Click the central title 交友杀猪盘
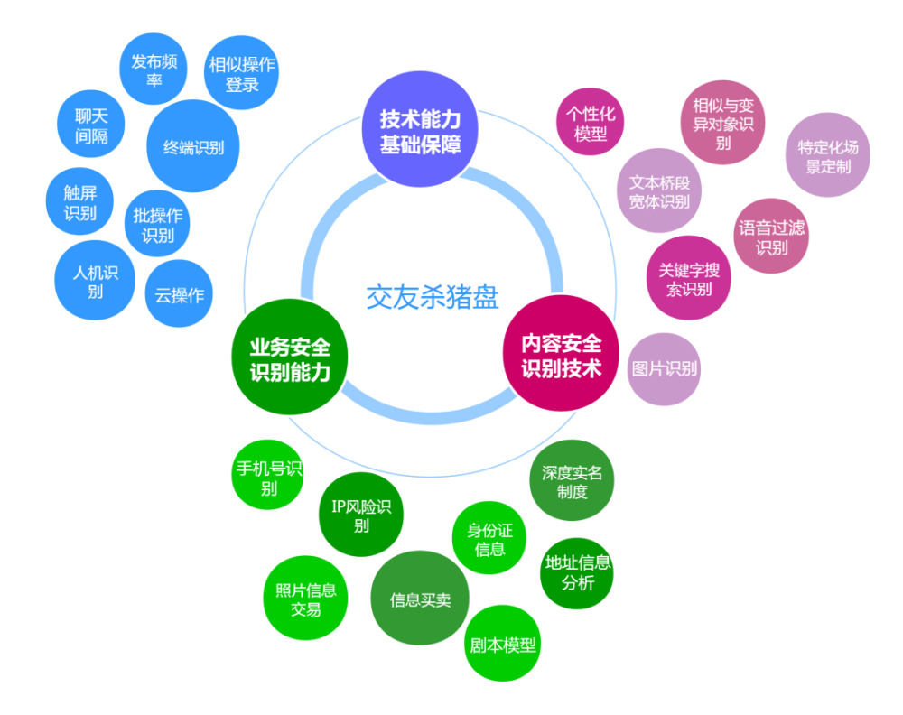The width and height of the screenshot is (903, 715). click(x=433, y=297)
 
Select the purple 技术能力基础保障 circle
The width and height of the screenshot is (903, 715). click(x=420, y=129)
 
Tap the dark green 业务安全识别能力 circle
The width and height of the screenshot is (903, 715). click(x=290, y=357)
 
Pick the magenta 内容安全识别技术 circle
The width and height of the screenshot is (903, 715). click(x=561, y=354)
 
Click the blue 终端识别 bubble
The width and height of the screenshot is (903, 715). click(x=193, y=146)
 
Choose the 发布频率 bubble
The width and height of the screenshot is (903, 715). click(x=154, y=70)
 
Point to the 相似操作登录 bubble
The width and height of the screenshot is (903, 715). click(x=242, y=73)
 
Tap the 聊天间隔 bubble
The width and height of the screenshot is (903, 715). click(x=91, y=125)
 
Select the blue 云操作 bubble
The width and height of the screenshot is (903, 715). click(x=179, y=294)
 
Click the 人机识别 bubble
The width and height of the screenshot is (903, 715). click(x=95, y=281)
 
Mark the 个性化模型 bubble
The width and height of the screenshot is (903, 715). click(x=591, y=122)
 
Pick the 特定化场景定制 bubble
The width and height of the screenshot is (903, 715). click(x=828, y=155)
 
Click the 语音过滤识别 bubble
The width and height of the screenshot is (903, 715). click(x=772, y=237)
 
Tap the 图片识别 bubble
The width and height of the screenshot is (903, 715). click(x=664, y=369)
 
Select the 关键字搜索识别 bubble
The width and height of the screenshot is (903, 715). click(x=689, y=278)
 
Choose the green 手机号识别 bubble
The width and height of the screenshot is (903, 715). click(x=268, y=476)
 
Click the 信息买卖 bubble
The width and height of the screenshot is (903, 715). click(x=420, y=599)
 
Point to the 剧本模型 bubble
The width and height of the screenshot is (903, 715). click(x=503, y=644)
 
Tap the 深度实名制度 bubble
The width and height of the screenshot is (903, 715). click(x=572, y=481)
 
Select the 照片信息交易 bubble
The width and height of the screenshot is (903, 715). click(x=305, y=599)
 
